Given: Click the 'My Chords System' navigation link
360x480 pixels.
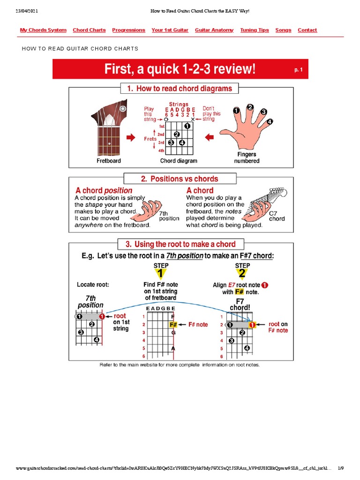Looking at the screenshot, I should click(x=43, y=30).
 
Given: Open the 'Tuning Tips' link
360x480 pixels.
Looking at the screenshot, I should click(x=255, y=30).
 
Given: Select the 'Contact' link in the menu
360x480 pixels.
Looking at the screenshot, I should click(x=307, y=30).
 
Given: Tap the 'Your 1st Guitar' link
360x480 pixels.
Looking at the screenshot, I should click(x=170, y=30).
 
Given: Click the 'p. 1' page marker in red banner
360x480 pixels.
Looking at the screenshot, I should click(x=299, y=69).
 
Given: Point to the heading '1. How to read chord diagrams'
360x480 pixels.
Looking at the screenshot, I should click(x=180, y=89).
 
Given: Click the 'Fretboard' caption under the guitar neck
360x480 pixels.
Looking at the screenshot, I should click(x=109, y=161).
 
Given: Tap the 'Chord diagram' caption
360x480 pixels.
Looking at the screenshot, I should click(x=179, y=161).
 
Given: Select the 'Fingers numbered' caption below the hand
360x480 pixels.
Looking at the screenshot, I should click(x=246, y=157).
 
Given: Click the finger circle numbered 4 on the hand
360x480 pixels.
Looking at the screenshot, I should click(x=270, y=122).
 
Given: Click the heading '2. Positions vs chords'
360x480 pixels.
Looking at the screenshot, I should click(x=180, y=179).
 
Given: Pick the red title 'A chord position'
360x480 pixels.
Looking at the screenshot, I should click(x=104, y=191).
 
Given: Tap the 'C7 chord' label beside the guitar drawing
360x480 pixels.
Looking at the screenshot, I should click(x=277, y=216).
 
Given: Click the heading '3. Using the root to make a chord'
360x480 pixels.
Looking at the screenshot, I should click(x=180, y=244).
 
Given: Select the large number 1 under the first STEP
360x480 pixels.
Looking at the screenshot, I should click(x=161, y=274).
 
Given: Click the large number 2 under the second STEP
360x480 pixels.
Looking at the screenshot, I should click(x=242, y=274).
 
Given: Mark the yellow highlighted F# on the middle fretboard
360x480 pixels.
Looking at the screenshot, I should click(x=172, y=324).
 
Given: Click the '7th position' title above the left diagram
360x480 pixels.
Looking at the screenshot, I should click(x=90, y=301).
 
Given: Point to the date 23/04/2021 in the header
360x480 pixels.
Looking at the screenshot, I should click(x=28, y=10).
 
